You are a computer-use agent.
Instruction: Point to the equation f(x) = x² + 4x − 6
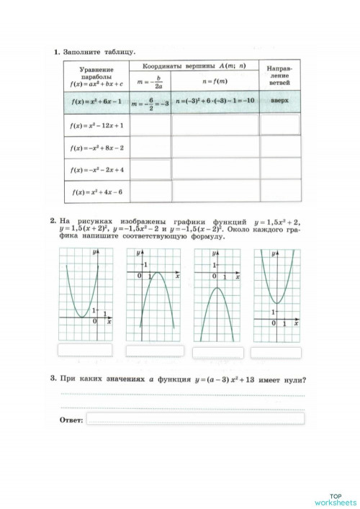(93, 192)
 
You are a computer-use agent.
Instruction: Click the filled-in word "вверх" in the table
(279, 102)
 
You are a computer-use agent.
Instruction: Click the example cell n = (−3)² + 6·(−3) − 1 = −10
(215, 102)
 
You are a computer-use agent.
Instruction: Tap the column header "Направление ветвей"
(279, 75)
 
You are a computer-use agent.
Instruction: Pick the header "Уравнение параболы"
(93, 74)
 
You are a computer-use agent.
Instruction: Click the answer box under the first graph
(85, 350)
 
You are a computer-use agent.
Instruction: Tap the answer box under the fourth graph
(277, 350)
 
